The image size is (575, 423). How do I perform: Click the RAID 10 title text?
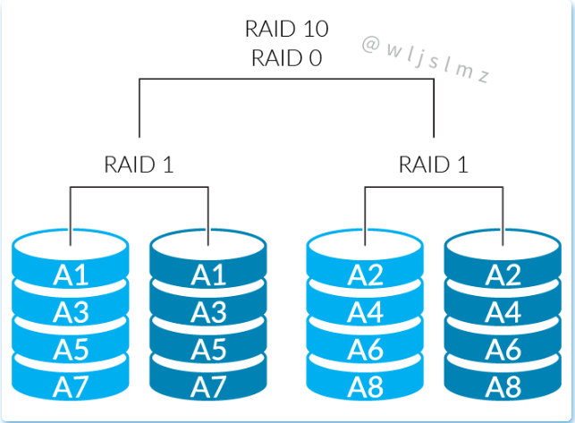(x=286, y=29)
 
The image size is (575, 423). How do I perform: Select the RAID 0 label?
(x=286, y=58)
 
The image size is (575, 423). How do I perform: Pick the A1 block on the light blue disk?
(x=71, y=275)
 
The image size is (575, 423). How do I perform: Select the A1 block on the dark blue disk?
(x=209, y=275)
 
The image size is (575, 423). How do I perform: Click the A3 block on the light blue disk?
(x=71, y=311)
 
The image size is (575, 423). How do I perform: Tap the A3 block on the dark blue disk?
(x=209, y=311)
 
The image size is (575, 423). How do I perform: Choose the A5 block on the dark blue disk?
(x=209, y=348)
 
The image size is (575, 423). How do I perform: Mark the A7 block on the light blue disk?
(x=71, y=385)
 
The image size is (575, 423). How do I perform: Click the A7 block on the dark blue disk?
(x=209, y=385)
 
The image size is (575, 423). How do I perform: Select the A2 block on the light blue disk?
(x=365, y=275)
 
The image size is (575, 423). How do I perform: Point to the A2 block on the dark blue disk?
(x=503, y=275)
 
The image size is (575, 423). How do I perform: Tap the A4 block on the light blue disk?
(x=365, y=311)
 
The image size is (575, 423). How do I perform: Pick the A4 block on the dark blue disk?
(x=503, y=311)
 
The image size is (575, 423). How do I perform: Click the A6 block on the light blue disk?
(x=365, y=348)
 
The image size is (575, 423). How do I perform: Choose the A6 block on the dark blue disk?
(x=503, y=348)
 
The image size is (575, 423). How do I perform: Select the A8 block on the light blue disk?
(x=365, y=385)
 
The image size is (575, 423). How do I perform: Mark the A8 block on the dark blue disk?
(x=503, y=385)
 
